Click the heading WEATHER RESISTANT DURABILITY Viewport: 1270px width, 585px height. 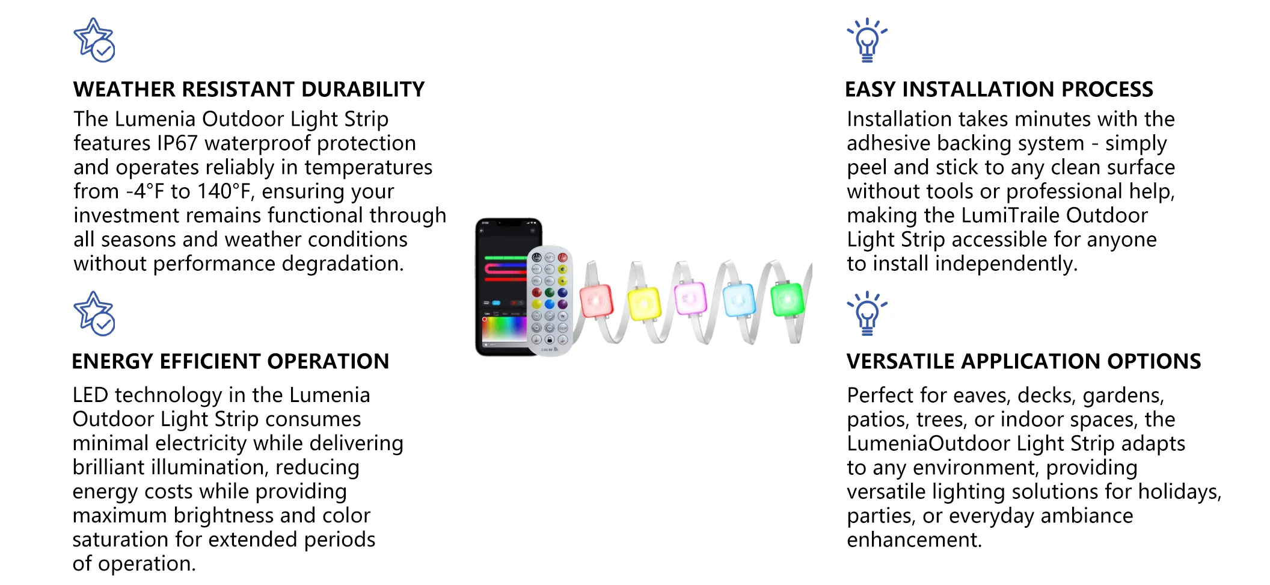point(249,89)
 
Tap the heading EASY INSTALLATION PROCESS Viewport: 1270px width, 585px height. point(999,89)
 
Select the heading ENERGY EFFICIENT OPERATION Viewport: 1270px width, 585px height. point(230,361)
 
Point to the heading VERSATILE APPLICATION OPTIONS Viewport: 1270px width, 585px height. point(1023,361)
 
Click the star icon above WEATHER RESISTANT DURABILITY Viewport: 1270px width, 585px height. point(94,40)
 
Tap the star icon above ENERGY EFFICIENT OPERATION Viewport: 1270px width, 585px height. point(94,314)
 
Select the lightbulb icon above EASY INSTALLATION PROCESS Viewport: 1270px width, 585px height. point(867,40)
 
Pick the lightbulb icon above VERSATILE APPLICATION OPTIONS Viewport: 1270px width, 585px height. point(867,314)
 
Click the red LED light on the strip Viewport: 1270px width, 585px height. point(596,300)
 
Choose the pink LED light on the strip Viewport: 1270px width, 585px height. point(690,298)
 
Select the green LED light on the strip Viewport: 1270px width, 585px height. point(787,299)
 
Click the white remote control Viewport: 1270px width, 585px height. point(549,300)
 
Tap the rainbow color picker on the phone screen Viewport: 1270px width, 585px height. point(504,329)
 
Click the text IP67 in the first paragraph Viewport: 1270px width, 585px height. point(177,143)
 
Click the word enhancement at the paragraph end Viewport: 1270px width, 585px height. point(914,540)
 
